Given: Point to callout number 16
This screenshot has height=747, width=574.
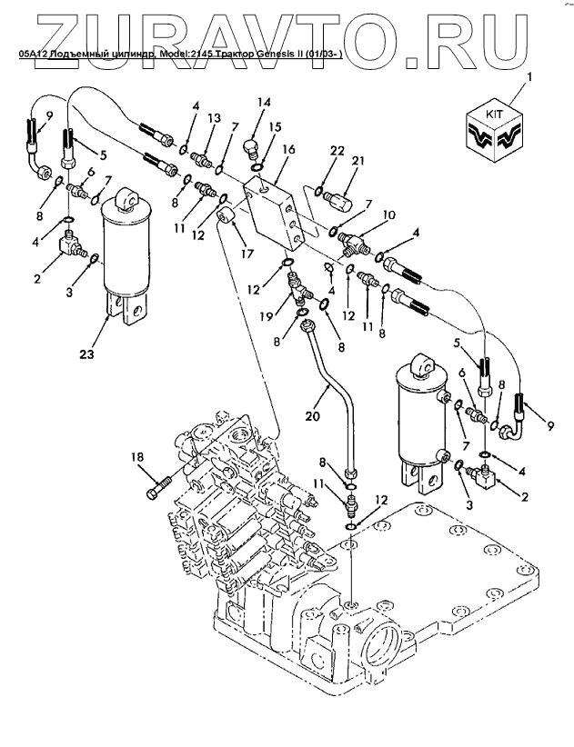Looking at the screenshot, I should click(x=288, y=148).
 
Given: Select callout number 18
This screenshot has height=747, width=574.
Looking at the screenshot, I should click(x=137, y=457).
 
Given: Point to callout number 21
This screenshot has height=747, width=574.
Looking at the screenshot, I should click(x=357, y=161).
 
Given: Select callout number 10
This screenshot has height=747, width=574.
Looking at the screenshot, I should click(x=388, y=215).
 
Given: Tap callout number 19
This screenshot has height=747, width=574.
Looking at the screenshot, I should click(x=265, y=315).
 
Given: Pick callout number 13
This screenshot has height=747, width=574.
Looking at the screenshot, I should click(x=214, y=119).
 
